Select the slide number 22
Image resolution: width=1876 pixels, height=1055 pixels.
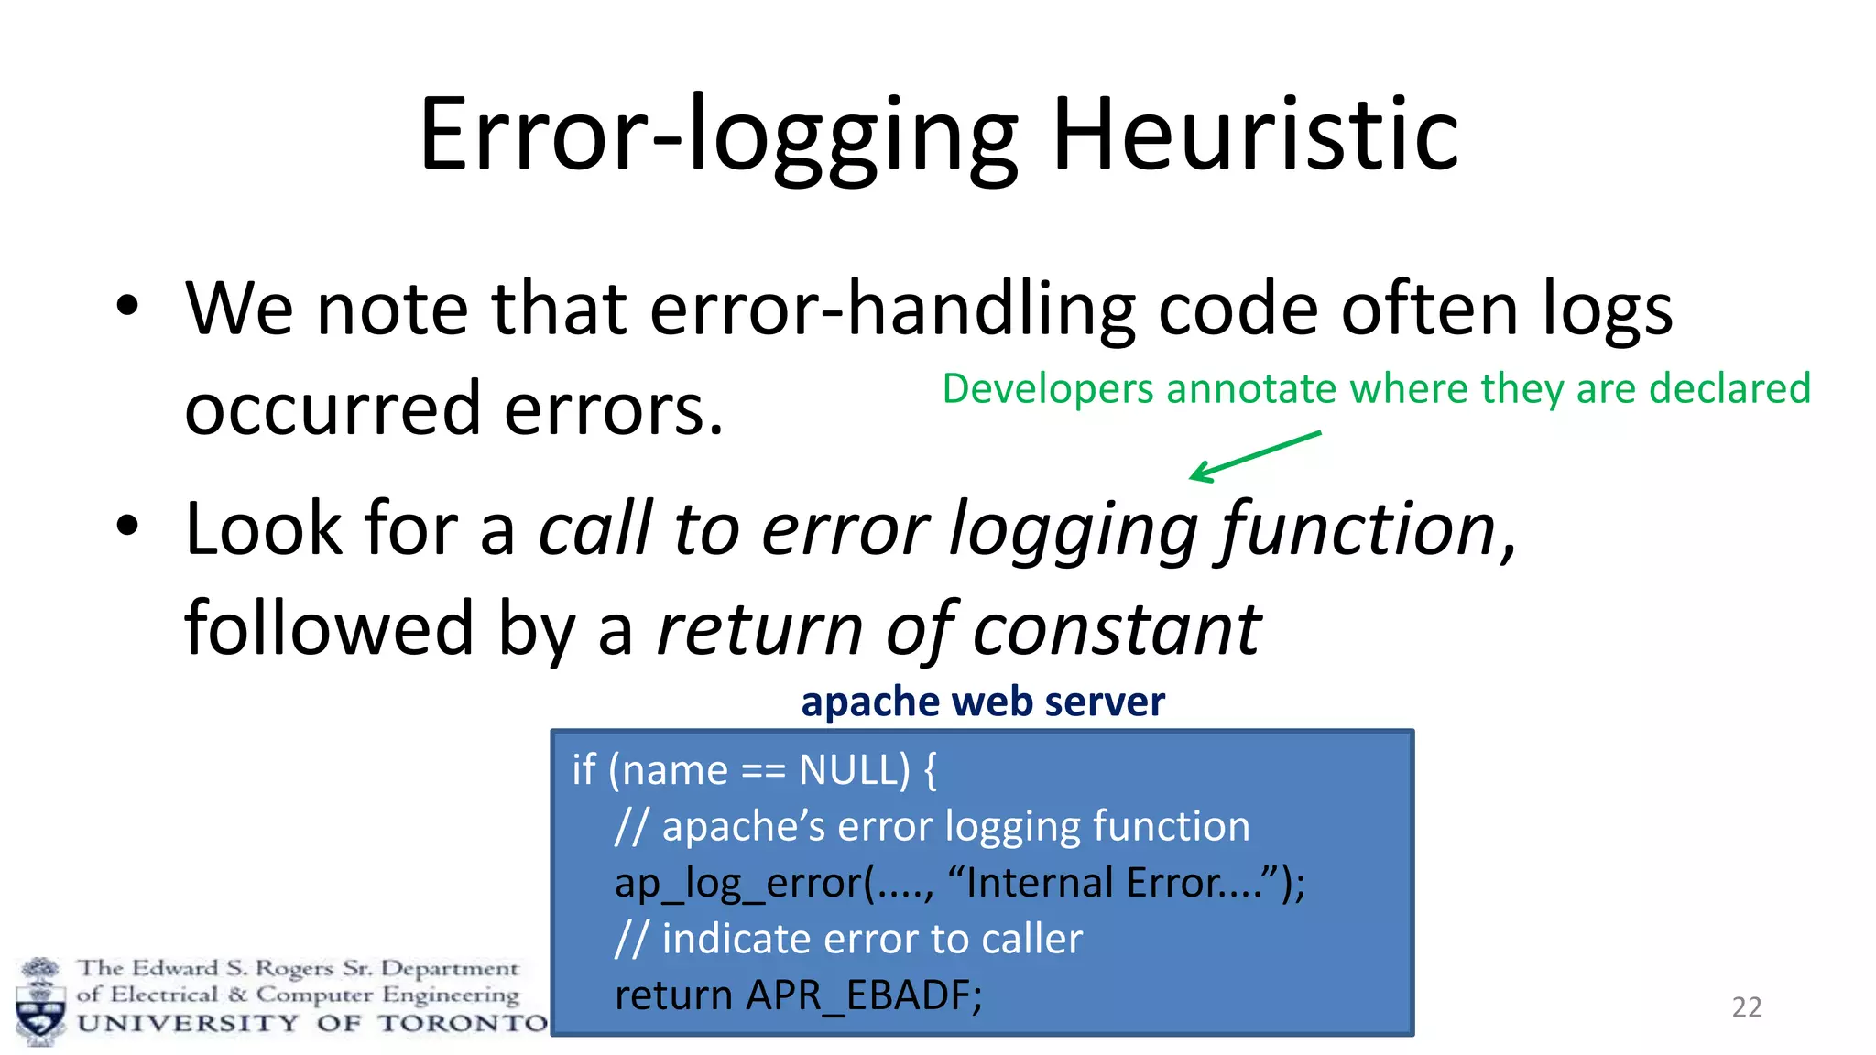pos(1746,1007)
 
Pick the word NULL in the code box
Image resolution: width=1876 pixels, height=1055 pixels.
pos(854,769)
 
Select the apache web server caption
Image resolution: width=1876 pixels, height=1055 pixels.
pos(982,702)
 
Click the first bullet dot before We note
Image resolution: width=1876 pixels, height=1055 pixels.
pos(127,305)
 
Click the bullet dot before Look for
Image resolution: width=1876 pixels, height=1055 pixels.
pos(127,526)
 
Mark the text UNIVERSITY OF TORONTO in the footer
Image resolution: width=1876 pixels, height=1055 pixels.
pos(312,1023)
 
